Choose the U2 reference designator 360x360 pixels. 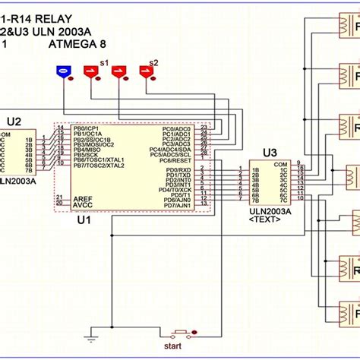(x=14, y=121)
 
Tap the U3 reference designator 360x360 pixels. (x=270, y=153)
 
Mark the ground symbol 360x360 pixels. (x=90, y=337)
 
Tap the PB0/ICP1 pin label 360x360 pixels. (x=90, y=129)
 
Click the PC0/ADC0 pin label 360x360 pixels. (x=177, y=129)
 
